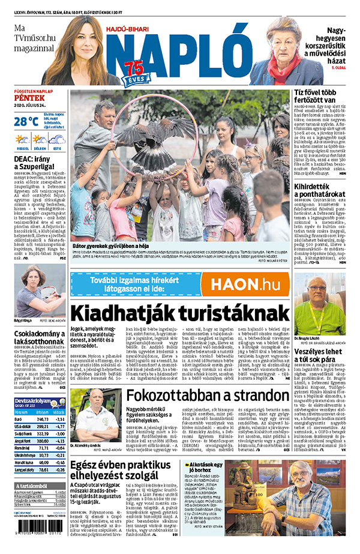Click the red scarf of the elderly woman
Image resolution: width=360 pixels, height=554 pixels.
click(277, 65)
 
